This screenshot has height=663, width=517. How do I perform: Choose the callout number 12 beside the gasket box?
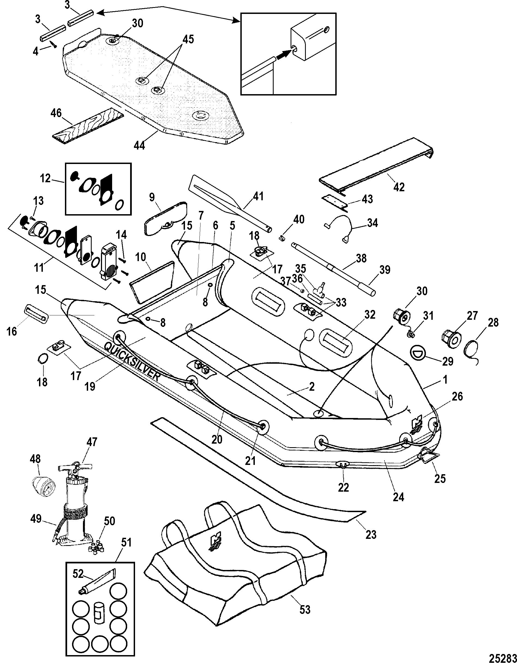[46, 178]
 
